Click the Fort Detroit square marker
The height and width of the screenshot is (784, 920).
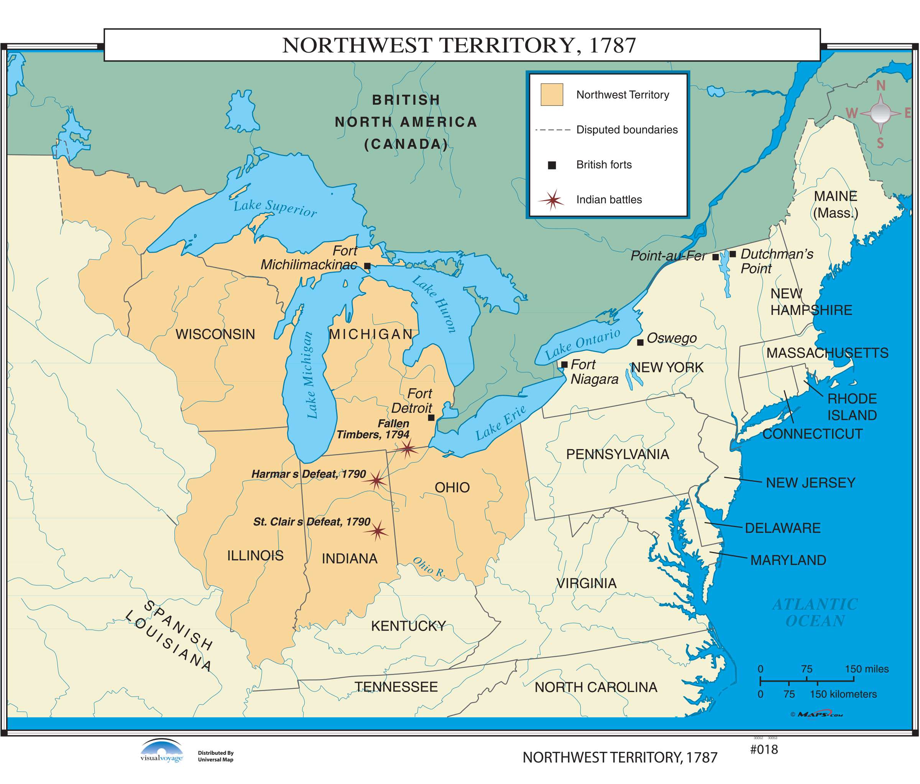pos(431,418)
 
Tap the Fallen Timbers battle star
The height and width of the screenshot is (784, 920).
pos(407,449)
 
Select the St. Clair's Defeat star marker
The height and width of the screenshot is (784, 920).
pos(378,530)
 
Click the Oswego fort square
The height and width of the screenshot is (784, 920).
pos(640,343)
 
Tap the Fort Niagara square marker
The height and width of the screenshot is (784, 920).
pos(564,365)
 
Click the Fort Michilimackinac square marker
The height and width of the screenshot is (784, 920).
pos(367,266)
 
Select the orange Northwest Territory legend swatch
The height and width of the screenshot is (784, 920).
pos(552,95)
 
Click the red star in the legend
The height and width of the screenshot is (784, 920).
pos(552,200)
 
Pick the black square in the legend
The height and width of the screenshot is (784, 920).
pos(552,165)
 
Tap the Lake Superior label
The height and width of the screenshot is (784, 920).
pos(275,208)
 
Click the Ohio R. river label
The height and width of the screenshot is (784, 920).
pos(429,567)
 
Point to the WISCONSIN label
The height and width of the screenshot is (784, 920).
pos(215,334)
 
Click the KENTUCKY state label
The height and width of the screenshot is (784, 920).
pos(408,626)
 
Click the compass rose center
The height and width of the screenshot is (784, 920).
pos(880,113)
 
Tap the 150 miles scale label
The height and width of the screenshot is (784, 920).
pos(866,669)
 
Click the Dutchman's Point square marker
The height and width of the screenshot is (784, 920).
pos(733,254)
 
